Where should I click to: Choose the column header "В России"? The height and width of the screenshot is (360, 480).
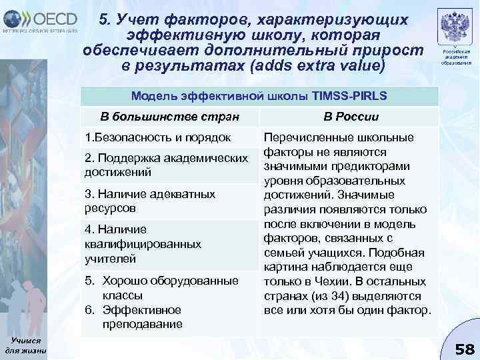coord(351,117)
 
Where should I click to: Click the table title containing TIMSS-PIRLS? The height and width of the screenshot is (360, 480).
coord(259,95)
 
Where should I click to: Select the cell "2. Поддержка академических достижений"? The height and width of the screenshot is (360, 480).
coord(167,165)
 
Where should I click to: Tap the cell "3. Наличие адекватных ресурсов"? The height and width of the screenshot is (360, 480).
coord(150,200)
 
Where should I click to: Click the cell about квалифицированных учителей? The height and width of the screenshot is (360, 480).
coord(143,243)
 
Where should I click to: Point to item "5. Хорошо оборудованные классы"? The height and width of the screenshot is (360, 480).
coord(165,287)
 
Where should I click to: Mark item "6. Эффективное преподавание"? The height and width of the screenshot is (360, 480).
coord(145,317)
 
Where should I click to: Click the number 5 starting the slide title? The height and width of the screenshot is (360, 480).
coord(103,21)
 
